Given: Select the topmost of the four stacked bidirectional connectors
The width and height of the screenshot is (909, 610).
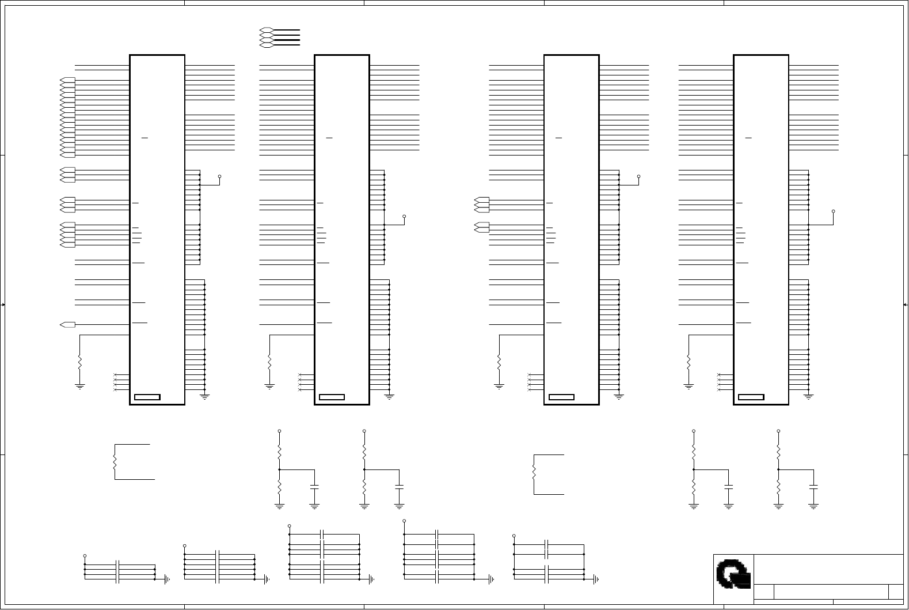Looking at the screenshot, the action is point(266,29).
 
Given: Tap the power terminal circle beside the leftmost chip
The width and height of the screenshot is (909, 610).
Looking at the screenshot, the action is point(219,177).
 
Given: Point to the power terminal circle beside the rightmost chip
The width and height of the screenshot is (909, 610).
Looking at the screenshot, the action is point(833,211).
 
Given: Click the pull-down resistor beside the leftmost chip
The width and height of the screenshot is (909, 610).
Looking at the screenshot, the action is point(79,362).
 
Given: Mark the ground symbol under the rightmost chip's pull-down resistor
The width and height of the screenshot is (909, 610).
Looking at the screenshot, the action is point(689,387).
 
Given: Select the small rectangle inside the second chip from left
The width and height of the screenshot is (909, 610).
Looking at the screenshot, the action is point(332,397).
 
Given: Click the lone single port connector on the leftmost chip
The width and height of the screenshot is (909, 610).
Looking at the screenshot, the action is point(67,325).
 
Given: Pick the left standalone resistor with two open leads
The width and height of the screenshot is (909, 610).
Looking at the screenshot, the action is point(115,462).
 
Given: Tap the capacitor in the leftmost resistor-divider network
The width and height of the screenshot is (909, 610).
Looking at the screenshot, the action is point(314,487).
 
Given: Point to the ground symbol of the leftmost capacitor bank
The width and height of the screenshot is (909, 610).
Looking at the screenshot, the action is point(166,579).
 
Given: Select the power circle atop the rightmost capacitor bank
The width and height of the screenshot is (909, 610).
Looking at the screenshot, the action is point(514,536).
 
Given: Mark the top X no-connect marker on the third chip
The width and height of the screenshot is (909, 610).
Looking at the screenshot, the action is point(529,376).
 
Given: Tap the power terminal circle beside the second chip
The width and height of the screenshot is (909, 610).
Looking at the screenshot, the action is point(404,217).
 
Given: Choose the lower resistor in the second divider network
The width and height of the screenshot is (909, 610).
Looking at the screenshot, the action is point(364,487).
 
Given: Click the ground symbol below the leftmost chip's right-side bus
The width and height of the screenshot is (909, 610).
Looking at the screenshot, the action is point(204,396).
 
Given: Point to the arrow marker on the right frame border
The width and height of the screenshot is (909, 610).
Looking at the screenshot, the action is point(906,305).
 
